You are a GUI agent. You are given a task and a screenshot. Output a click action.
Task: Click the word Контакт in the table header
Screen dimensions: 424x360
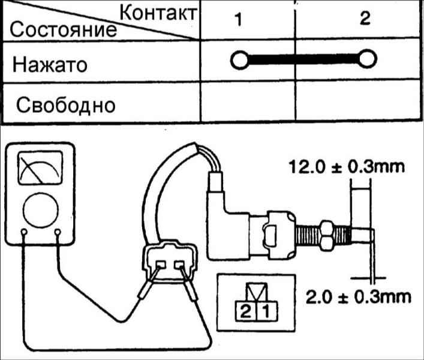(x=158, y=13)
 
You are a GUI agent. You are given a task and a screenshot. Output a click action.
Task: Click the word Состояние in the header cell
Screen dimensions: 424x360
(x=64, y=29)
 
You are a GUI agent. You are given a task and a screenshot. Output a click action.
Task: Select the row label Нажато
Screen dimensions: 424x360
(x=50, y=65)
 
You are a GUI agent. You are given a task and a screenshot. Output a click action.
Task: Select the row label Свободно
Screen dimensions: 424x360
(x=66, y=105)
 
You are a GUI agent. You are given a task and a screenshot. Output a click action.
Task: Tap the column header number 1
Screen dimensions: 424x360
(x=238, y=19)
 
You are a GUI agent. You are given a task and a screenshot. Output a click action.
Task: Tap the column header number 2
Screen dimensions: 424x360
(x=365, y=18)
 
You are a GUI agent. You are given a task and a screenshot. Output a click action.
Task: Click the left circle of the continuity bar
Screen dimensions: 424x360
(x=239, y=60)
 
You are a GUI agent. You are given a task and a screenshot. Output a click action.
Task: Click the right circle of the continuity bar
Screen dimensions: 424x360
(x=367, y=59)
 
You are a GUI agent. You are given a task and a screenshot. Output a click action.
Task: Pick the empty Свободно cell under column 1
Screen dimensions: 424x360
(x=248, y=102)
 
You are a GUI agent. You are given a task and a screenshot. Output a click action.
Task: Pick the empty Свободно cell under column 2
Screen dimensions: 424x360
(x=359, y=101)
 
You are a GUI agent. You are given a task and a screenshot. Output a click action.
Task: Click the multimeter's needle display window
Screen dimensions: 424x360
(x=40, y=168)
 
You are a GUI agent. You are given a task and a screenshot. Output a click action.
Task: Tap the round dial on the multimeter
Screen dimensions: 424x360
(x=41, y=211)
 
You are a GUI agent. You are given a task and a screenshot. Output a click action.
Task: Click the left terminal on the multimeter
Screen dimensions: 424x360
(x=24, y=232)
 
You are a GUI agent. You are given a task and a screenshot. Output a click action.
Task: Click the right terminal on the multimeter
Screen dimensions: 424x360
(x=58, y=232)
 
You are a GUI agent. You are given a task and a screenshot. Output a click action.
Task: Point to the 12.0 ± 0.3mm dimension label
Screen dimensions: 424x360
(x=347, y=167)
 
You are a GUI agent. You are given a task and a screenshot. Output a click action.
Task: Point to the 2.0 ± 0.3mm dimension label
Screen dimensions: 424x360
(x=358, y=297)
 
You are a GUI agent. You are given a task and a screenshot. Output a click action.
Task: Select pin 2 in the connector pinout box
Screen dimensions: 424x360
(x=245, y=311)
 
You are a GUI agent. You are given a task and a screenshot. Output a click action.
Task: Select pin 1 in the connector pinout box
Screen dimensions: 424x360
(x=267, y=311)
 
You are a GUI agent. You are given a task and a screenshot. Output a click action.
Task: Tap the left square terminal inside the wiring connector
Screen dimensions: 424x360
(x=161, y=264)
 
